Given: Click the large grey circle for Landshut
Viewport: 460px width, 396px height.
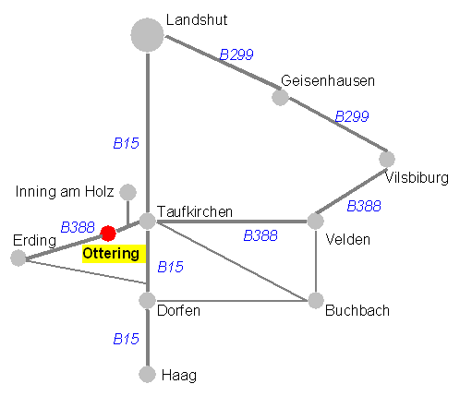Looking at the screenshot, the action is (x=147, y=35).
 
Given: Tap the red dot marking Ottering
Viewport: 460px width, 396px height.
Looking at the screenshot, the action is (x=108, y=234).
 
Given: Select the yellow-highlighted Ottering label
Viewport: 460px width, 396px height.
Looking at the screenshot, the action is (x=114, y=254).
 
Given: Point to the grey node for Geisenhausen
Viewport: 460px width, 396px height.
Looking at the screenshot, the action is (x=280, y=97).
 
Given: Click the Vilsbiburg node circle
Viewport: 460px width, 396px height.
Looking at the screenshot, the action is (x=387, y=159).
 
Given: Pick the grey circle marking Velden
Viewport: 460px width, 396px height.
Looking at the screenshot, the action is (x=315, y=221).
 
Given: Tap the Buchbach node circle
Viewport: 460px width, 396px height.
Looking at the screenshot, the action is (x=316, y=300).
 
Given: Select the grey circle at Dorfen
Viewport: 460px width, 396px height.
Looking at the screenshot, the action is (x=147, y=300).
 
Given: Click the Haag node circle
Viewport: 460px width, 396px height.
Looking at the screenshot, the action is (x=147, y=375).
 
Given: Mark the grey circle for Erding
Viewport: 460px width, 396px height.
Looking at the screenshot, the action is (x=18, y=258).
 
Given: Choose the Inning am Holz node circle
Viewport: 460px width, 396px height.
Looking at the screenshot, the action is (x=127, y=192).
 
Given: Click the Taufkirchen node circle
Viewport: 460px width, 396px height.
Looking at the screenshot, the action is (x=148, y=221).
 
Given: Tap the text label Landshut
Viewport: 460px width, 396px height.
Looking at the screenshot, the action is (x=197, y=20).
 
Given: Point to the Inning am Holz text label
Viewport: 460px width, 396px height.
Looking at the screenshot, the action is (x=65, y=192).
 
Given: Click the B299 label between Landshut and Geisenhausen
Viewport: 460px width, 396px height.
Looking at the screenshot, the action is (x=236, y=54).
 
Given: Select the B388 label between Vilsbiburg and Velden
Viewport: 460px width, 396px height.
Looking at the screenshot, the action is (x=364, y=206).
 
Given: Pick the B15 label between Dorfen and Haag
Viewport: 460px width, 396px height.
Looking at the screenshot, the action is (x=127, y=339).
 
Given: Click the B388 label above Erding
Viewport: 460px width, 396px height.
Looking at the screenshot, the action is (x=78, y=227).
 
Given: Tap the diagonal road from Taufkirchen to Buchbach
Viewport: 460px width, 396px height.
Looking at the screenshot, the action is (x=232, y=260).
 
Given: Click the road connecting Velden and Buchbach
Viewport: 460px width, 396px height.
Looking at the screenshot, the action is (x=316, y=260).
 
